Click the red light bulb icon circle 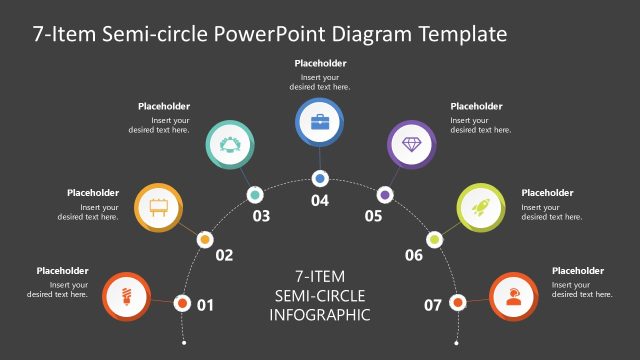pos(126,297)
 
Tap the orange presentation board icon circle pos(157,207)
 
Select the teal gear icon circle pos(229,146)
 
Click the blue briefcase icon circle pos(320,123)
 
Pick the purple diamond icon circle pos(411,146)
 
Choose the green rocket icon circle pos(481,207)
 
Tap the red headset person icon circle pos(514,297)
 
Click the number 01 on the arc pos(206,304)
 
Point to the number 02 pos(224,255)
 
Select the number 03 pos(262,216)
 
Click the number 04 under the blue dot pos(320,201)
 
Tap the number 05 pos(374,216)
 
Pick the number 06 pos(414,255)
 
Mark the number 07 pos(433,304)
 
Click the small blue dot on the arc pos(320,179)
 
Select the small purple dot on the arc pos(385,194)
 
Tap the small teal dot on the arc pos(255,194)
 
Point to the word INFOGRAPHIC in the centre pos(320,315)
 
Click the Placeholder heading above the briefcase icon pos(320,63)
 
